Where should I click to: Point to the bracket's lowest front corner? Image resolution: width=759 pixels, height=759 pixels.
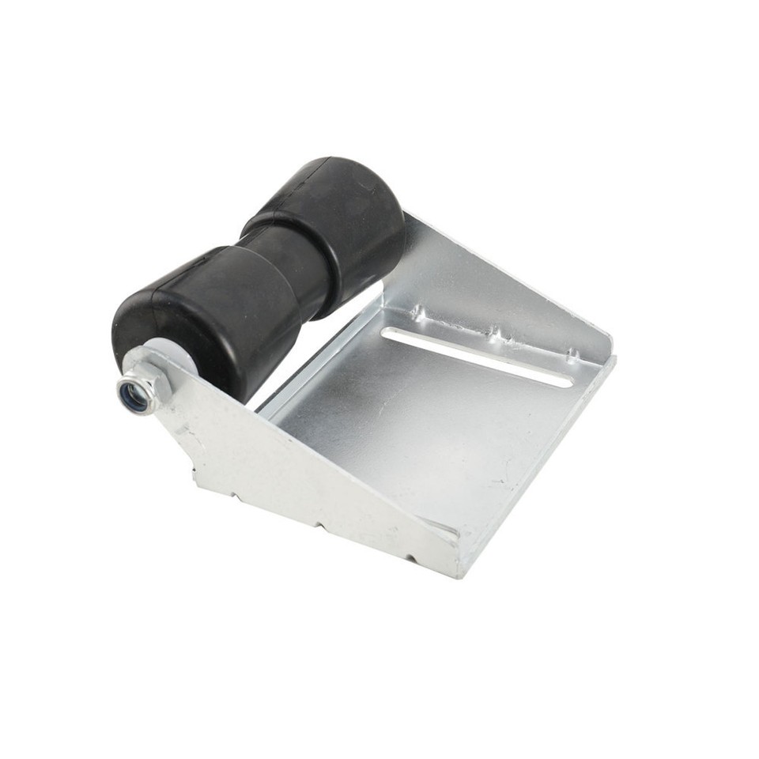(459, 574)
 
